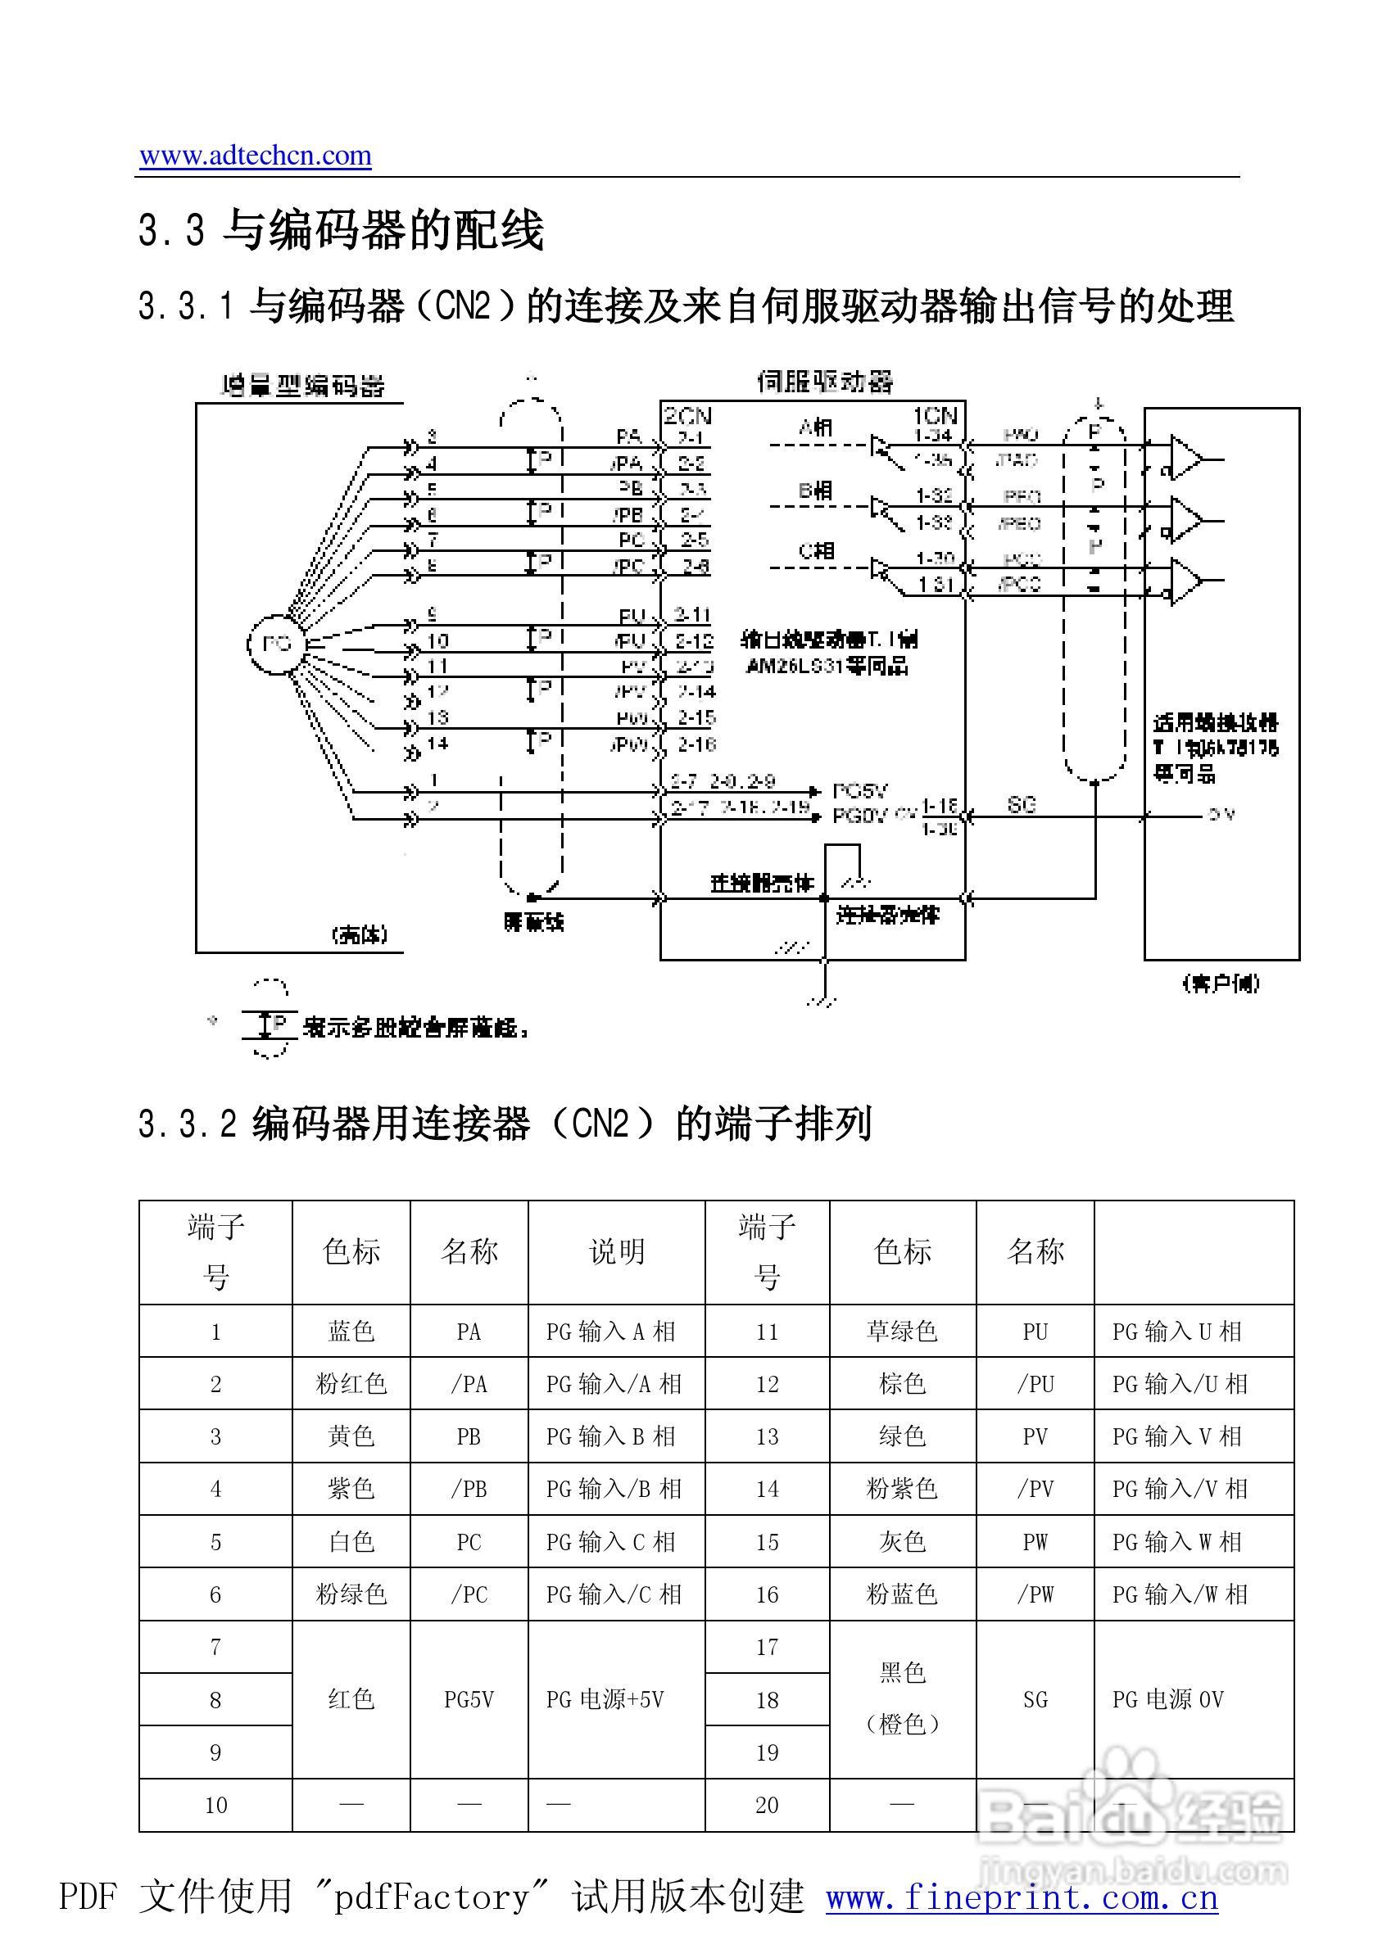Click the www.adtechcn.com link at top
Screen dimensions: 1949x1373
(x=255, y=156)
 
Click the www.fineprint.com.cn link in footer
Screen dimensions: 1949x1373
(x=1022, y=1898)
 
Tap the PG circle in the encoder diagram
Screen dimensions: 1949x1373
(x=276, y=644)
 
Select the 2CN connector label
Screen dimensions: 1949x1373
(x=687, y=416)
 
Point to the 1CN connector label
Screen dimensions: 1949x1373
(x=935, y=416)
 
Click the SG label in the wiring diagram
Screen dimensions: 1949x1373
(x=1022, y=805)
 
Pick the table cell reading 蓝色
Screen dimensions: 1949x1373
(x=351, y=1331)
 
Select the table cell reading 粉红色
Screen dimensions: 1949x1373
(x=351, y=1384)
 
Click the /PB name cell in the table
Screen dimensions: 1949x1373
(x=469, y=1488)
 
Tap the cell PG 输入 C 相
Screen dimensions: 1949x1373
(x=610, y=1541)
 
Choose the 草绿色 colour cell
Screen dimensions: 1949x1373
(x=902, y=1331)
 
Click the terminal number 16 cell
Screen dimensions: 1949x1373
(x=767, y=1594)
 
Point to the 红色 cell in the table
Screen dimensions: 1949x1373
(x=351, y=1698)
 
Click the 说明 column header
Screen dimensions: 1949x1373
(x=616, y=1251)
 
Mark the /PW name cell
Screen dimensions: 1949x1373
(x=1035, y=1594)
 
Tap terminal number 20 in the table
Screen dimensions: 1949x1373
(x=767, y=1805)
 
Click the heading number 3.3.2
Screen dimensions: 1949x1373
(x=187, y=1124)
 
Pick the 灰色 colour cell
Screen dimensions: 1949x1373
(x=902, y=1541)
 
